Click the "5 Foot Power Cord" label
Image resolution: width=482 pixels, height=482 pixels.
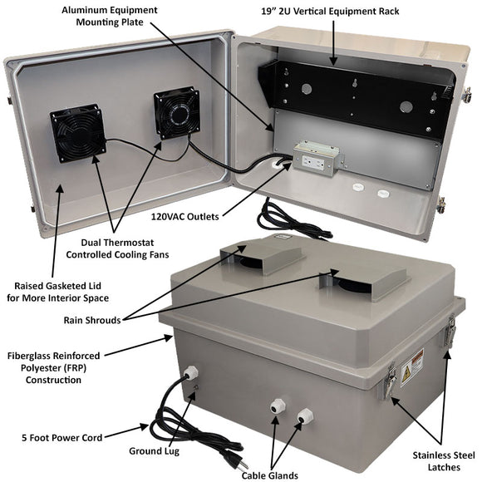pos(59,436)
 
